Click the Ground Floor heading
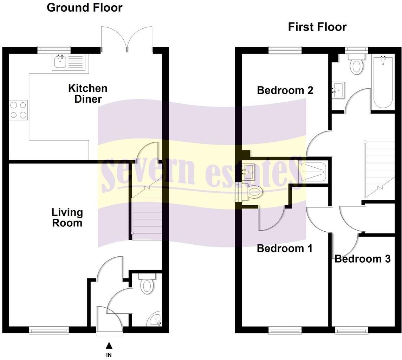(84, 7)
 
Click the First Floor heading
(317, 27)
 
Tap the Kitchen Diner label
(87, 94)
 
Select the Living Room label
(67, 217)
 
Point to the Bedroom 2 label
(285, 90)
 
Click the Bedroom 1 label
(284, 248)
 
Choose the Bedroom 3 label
(362, 259)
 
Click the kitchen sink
(60, 63)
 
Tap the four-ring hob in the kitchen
(19, 110)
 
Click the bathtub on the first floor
(383, 83)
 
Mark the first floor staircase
(380, 169)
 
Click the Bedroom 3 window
(351, 330)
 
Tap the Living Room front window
(49, 330)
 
